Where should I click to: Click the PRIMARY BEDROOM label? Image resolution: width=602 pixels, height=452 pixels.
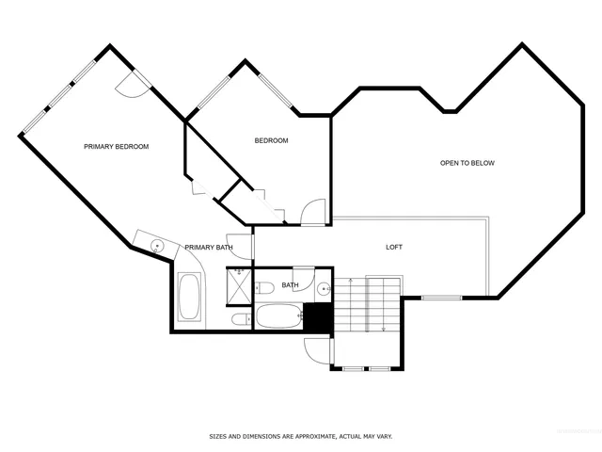click(117, 146)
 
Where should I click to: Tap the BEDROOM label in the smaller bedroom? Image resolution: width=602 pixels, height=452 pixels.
click(271, 140)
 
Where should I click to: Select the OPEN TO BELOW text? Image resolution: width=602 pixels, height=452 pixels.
click(467, 163)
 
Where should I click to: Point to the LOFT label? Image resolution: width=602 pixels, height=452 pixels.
click(394, 247)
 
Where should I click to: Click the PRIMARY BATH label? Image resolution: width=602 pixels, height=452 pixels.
click(208, 247)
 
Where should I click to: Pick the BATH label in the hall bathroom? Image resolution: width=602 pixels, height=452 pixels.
click(290, 284)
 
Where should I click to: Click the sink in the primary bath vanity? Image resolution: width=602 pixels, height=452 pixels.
click(157, 245)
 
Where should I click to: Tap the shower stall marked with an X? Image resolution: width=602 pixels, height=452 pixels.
click(239, 284)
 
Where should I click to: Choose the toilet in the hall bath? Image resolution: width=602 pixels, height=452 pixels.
click(265, 287)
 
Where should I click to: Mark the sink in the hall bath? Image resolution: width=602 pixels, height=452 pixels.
click(323, 288)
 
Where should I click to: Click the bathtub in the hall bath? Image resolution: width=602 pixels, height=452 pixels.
click(278, 317)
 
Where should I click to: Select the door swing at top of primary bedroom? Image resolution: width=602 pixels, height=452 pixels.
click(131, 86)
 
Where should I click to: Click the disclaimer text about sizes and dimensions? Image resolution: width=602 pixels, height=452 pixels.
click(300, 436)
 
